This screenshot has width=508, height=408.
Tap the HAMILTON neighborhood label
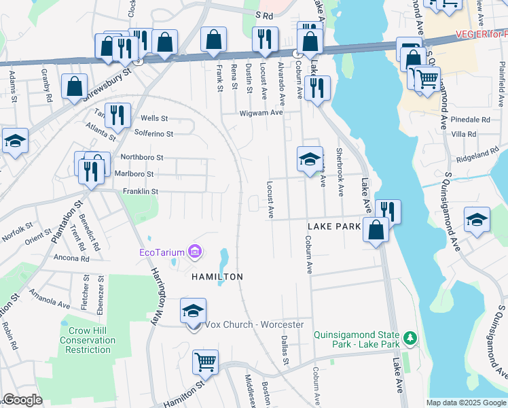(217, 277)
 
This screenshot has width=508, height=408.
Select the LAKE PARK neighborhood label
(333, 226)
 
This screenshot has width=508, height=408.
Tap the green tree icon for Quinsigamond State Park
(410, 338)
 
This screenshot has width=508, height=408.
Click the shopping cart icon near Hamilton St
(206, 362)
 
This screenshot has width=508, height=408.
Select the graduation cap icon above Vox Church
(194, 311)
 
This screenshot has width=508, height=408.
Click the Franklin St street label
(140, 192)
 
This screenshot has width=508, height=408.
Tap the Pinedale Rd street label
(470, 119)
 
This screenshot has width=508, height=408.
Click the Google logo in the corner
(23, 400)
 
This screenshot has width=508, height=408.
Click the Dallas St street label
(285, 350)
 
